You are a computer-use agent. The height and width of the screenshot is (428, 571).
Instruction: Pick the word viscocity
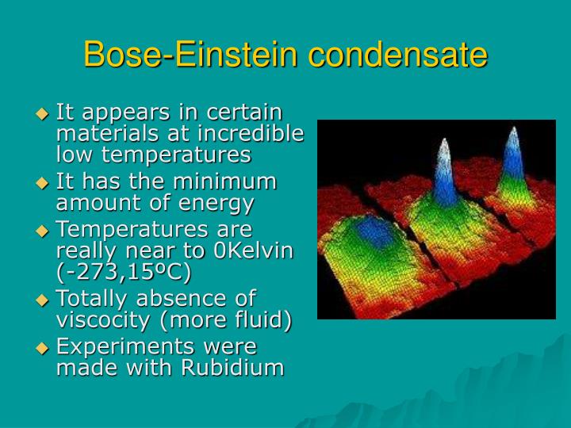click(x=102, y=319)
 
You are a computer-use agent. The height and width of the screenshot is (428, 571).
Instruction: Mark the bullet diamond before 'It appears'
click(x=44, y=113)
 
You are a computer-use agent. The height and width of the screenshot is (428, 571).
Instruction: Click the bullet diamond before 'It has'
click(x=44, y=182)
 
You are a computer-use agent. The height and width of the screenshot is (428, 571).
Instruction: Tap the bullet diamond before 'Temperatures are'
click(x=44, y=231)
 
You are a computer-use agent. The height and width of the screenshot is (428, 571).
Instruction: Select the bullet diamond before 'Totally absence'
click(x=44, y=300)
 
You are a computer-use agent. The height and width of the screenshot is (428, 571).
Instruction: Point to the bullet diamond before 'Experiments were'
click(x=44, y=347)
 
